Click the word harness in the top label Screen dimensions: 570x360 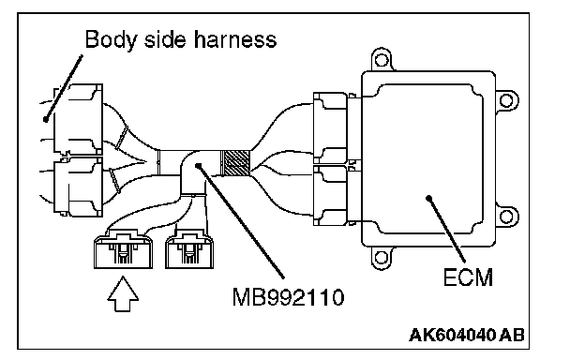pos(235,39)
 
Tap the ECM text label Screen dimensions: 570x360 pos(468,277)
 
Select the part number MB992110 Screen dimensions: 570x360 pos(288,297)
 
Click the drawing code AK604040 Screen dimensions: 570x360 pos(452,335)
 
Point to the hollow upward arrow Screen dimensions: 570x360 pos(123,293)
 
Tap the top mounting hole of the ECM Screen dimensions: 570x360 pos(382,60)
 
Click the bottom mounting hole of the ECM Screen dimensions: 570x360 pos(382,258)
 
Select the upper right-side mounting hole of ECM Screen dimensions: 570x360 pos(506,100)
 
